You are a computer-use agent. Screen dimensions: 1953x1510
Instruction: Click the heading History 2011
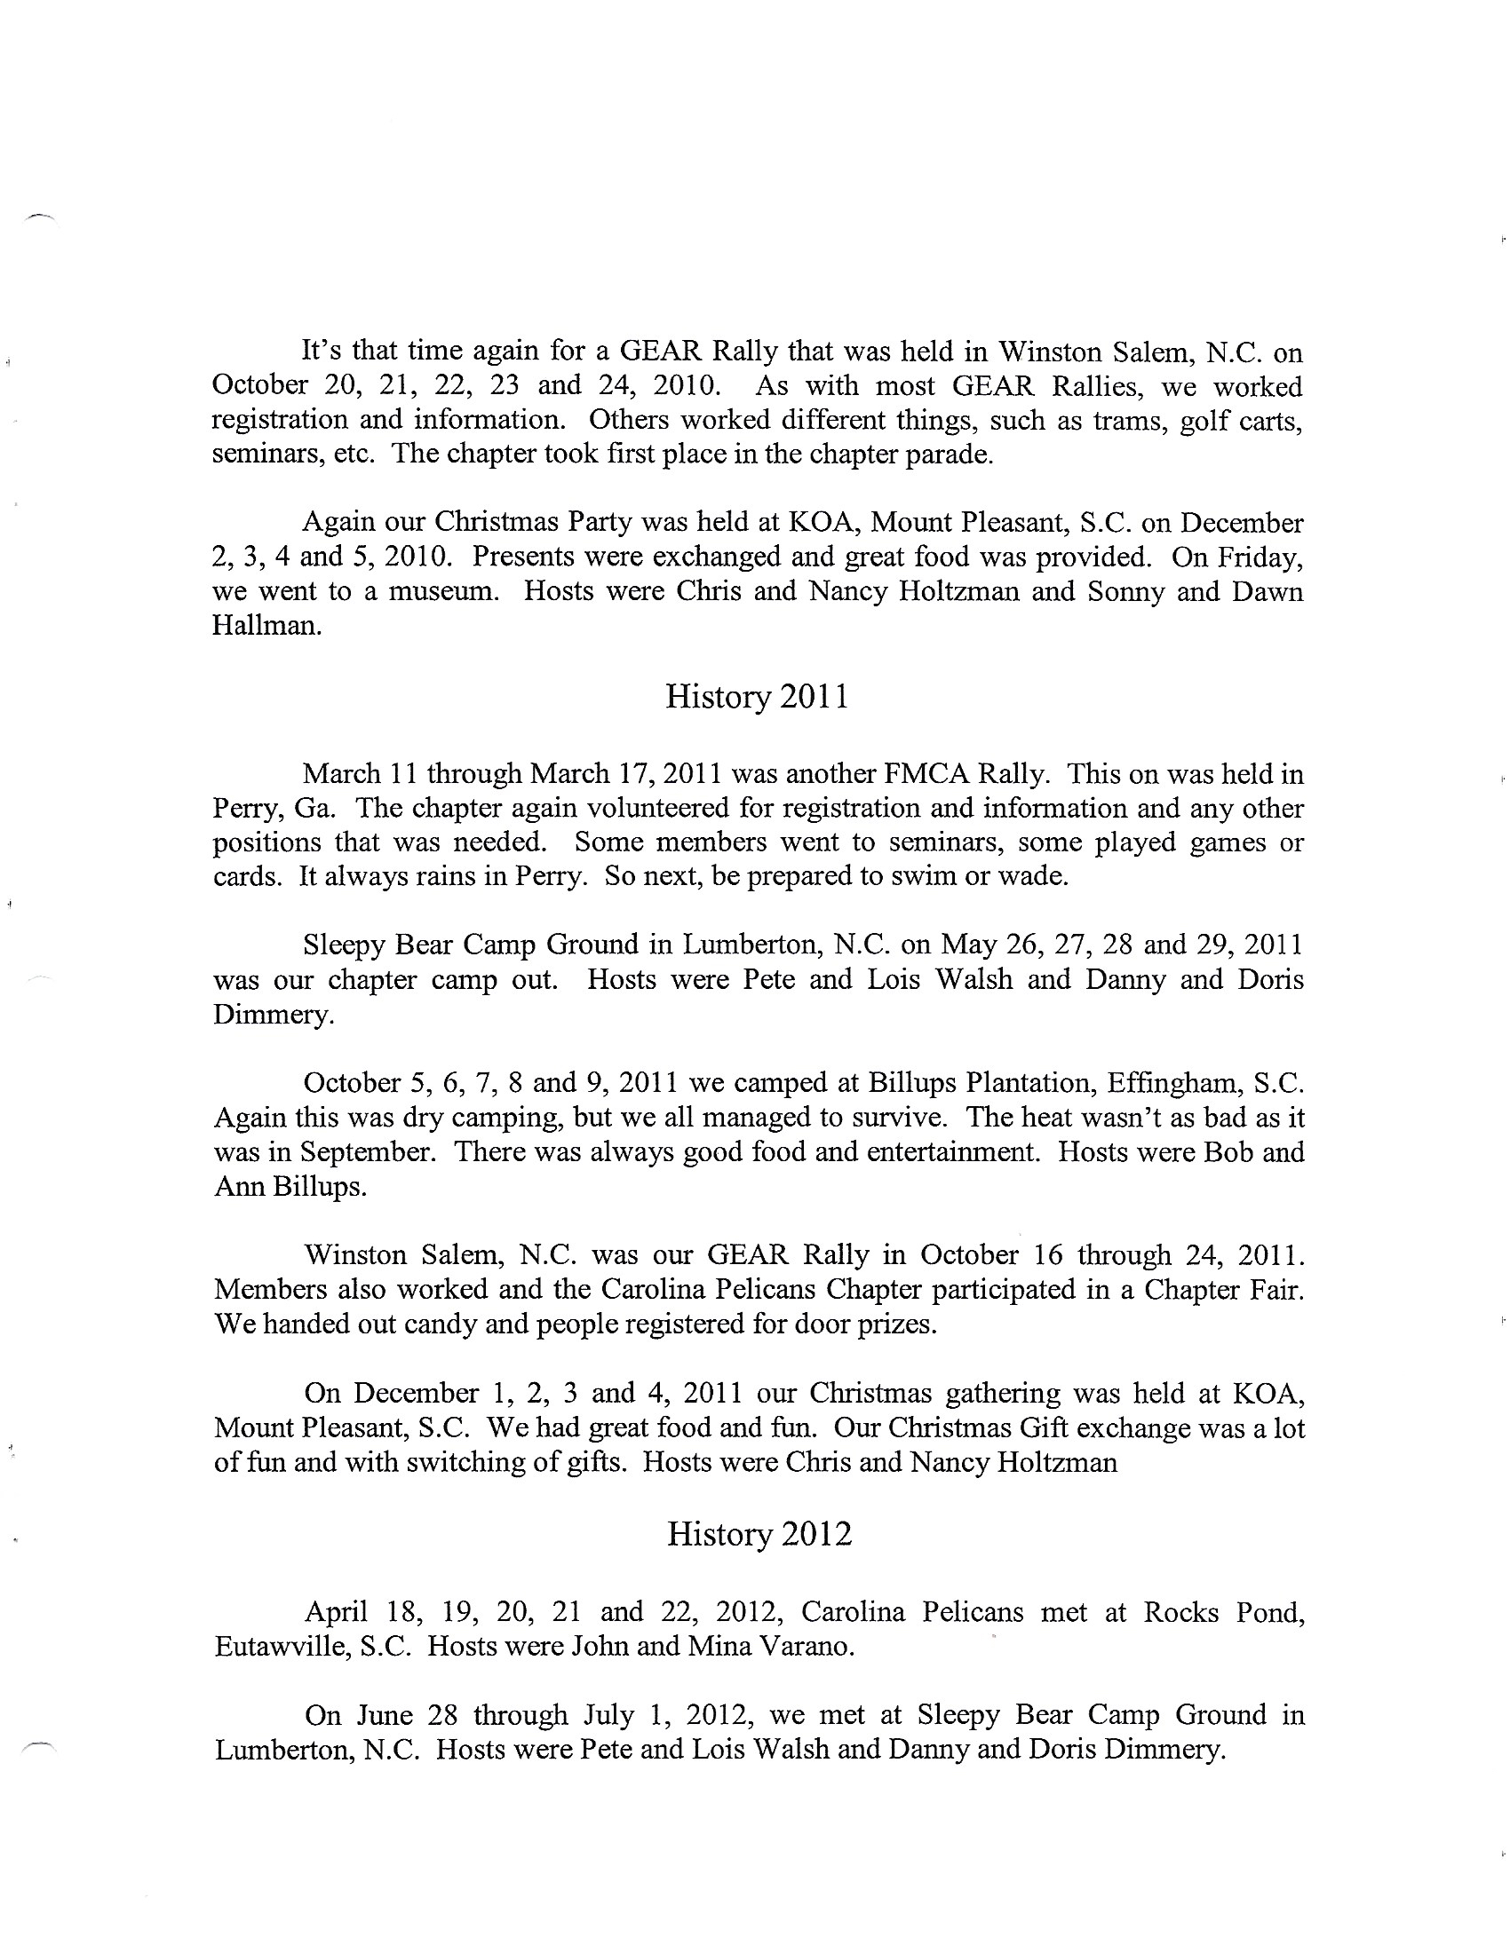coord(757,698)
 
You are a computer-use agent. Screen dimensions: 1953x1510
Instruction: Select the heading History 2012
coord(759,1535)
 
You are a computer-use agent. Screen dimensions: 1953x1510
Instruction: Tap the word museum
coord(443,592)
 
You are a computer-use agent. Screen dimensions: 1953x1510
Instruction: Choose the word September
coord(368,1151)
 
